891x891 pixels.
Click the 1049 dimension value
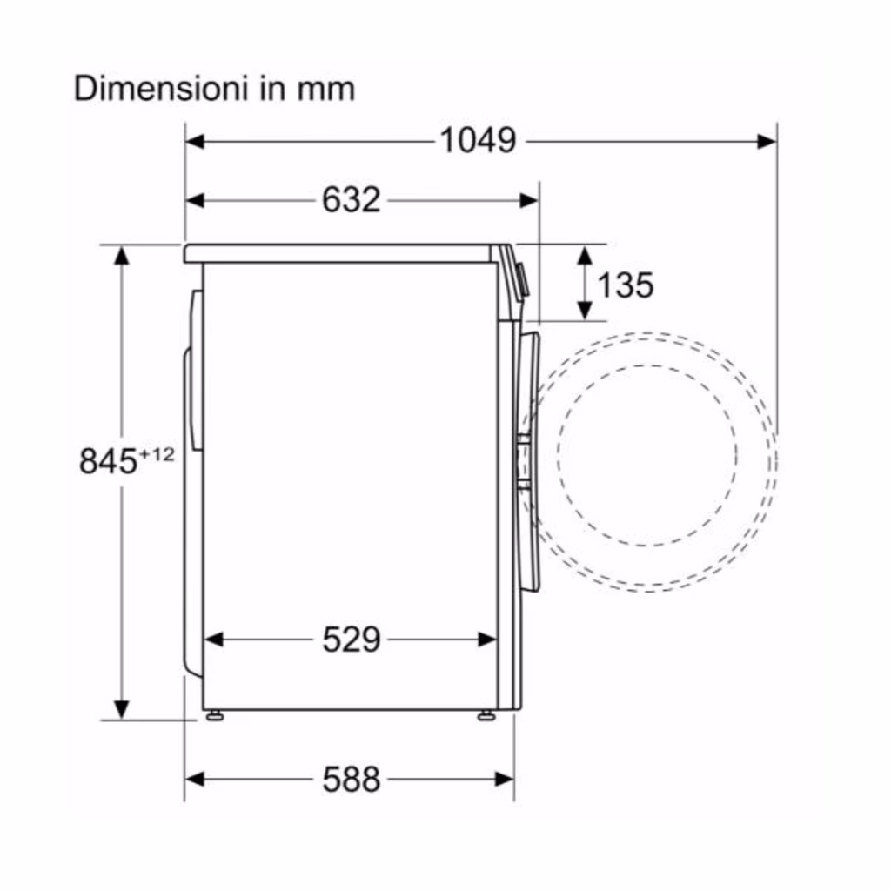tap(478, 140)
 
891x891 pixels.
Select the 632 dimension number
tap(352, 199)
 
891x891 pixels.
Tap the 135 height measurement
tap(625, 285)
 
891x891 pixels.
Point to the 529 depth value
tap(352, 640)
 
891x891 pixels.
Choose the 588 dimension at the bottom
tap(352, 779)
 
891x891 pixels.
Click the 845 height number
tap(108, 461)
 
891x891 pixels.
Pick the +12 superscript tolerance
tap(157, 454)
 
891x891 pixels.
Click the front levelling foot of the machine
tap(486, 716)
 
